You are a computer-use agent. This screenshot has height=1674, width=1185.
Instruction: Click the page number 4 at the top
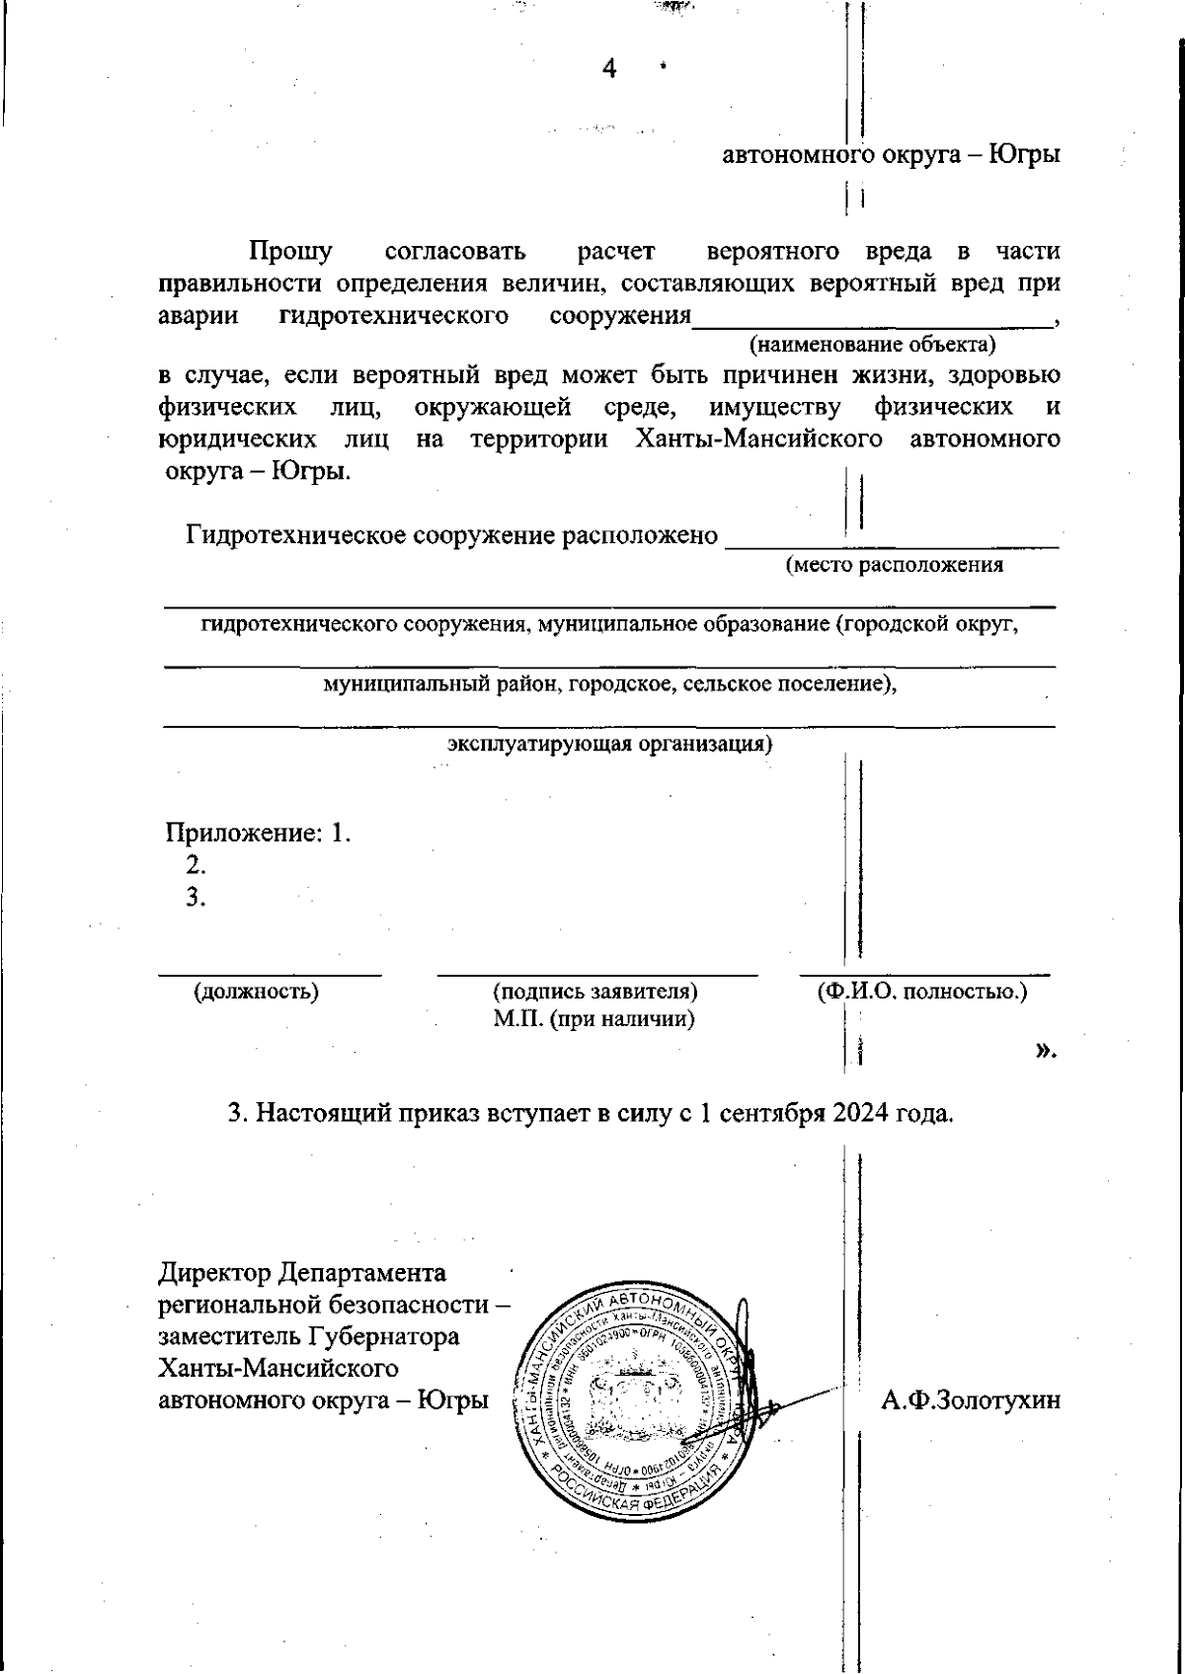(x=608, y=68)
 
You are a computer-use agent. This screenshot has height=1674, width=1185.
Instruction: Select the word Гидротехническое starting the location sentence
(x=295, y=535)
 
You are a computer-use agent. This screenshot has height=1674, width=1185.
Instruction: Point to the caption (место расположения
(x=894, y=565)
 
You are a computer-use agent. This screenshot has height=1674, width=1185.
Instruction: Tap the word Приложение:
(x=244, y=833)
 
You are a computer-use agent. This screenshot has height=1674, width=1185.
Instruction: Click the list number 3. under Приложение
(x=196, y=897)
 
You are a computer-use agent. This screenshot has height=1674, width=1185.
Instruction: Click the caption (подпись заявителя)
(x=595, y=992)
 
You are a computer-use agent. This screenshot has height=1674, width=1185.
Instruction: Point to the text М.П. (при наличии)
(x=594, y=1018)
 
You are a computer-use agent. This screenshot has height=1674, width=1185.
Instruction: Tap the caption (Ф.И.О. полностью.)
(x=921, y=992)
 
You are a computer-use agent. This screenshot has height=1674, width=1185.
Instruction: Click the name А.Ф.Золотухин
(x=971, y=1399)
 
